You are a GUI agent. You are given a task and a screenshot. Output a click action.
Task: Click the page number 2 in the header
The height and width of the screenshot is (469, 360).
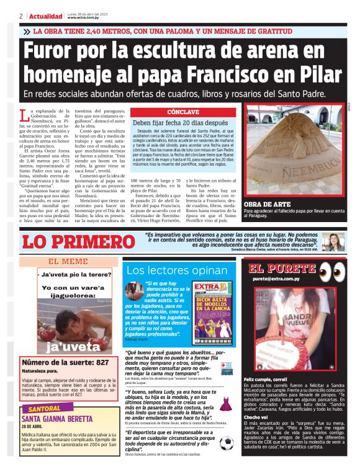[x=21, y=16]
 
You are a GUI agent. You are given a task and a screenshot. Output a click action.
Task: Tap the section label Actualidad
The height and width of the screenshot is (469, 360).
[x=45, y=16]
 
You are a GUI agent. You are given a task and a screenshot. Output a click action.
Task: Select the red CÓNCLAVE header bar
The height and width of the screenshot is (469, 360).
[x=183, y=112]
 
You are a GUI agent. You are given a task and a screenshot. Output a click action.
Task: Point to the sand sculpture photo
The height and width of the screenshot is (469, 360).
[x=294, y=158]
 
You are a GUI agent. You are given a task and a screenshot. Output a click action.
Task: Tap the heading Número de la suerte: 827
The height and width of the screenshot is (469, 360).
[x=66, y=362]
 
